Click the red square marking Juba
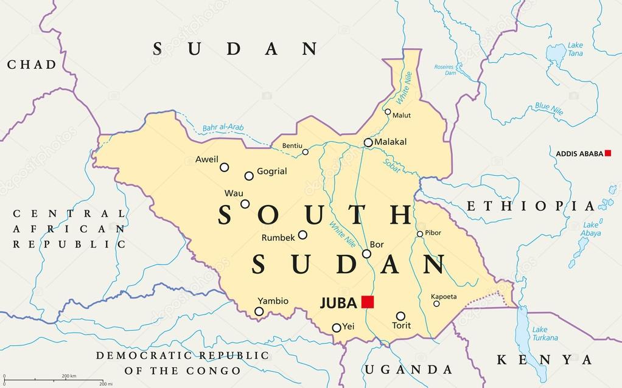point(367,302)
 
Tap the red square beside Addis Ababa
point(607,153)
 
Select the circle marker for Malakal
point(368,143)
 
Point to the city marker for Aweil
point(225,167)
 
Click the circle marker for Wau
point(245,204)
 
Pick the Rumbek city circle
point(302,235)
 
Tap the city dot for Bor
point(366,254)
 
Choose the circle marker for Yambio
point(259,311)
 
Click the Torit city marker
point(400,316)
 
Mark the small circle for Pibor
point(420,234)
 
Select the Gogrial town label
point(271,171)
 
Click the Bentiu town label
point(292,146)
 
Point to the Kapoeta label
point(444,297)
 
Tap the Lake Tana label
point(575,49)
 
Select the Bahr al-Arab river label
point(223,128)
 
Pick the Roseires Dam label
point(446,69)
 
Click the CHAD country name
point(32,64)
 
